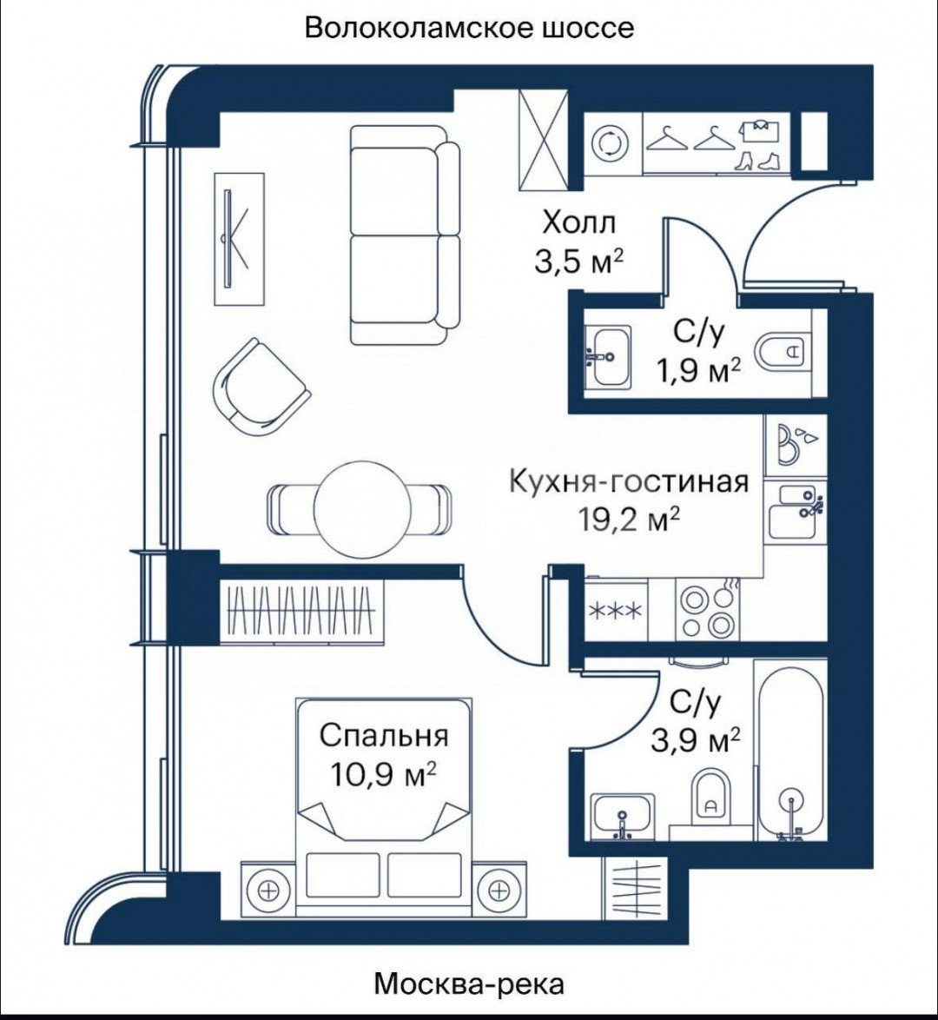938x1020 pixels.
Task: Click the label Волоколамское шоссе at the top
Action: coord(469,28)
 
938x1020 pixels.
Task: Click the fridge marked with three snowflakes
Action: coord(616,611)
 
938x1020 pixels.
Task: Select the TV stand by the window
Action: coord(240,239)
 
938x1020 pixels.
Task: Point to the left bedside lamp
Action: coord(268,890)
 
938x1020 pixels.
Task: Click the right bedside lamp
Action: coord(498,890)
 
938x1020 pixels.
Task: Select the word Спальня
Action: coord(384,737)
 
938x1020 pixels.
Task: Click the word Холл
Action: coord(578,224)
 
